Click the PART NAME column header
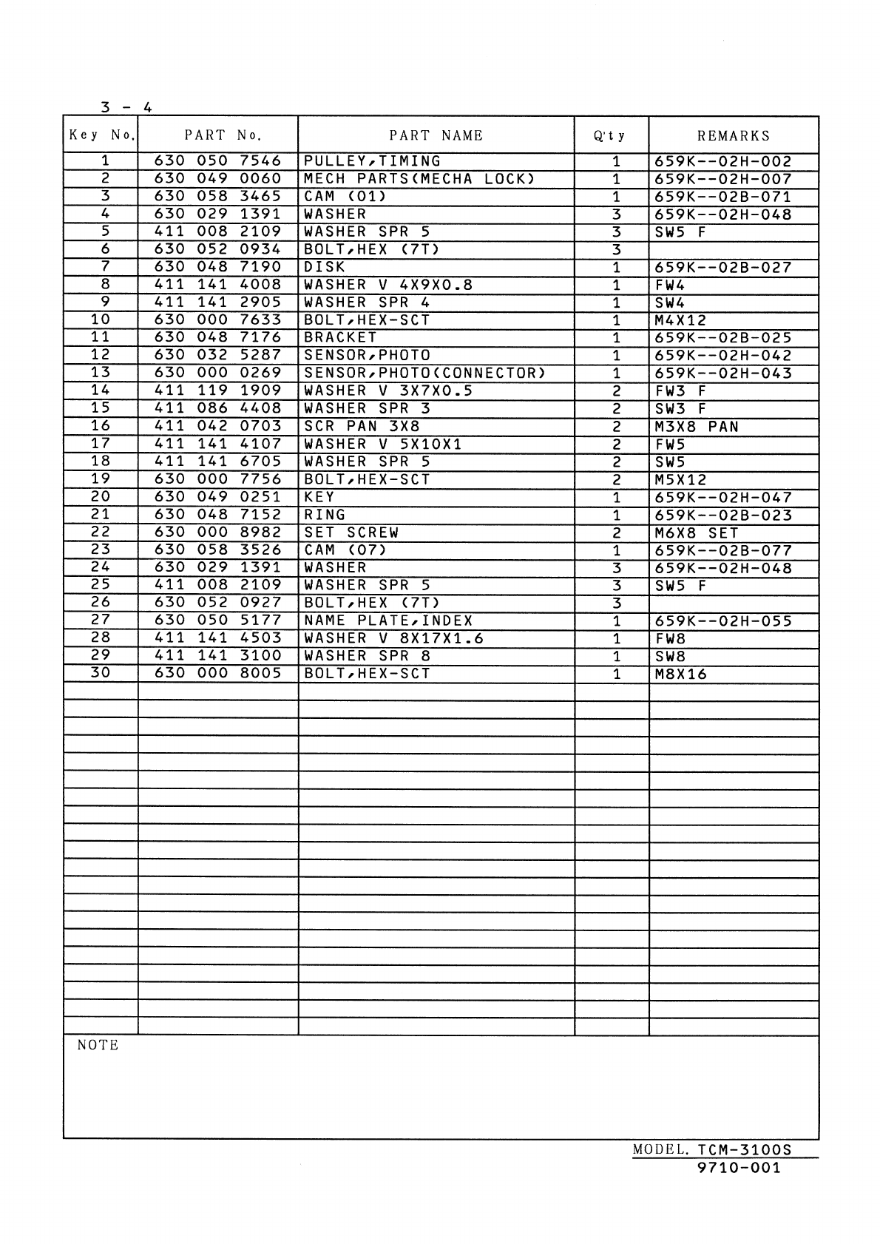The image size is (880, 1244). point(436,135)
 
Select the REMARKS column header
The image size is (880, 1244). point(733,136)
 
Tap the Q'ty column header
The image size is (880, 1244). point(610,136)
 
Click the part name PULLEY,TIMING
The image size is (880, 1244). point(372,161)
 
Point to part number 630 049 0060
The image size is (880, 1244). point(217,179)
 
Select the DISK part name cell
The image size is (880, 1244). point(325,267)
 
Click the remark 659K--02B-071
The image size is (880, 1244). point(722,197)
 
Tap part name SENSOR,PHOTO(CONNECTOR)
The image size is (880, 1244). point(424,373)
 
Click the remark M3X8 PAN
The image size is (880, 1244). point(697,427)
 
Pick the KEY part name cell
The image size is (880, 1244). point(319,497)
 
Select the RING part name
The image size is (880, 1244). point(325,515)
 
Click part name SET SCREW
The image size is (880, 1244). point(351,533)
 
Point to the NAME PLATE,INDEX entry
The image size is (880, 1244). point(388,621)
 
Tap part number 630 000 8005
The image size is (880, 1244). point(217,673)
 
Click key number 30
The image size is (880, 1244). point(100,673)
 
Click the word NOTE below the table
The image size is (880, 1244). point(98,1045)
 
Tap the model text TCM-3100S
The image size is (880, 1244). point(744,1150)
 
